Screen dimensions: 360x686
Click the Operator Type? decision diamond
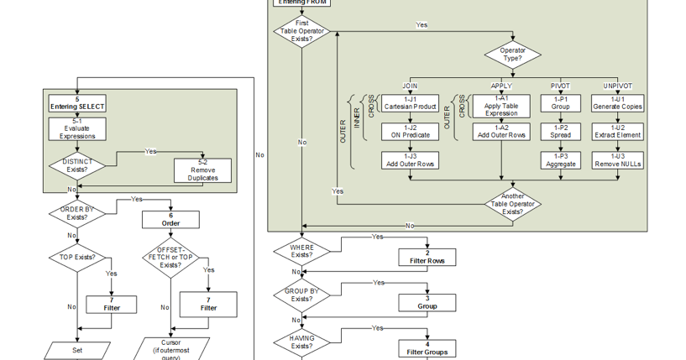(x=512, y=55)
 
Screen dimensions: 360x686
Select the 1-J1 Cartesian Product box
(x=410, y=103)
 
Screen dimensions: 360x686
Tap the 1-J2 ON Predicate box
(x=410, y=131)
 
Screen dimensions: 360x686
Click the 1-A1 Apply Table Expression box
(x=501, y=106)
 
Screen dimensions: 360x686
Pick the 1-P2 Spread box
(x=560, y=131)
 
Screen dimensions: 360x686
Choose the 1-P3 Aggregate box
(x=560, y=159)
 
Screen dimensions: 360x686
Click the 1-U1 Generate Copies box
(x=617, y=103)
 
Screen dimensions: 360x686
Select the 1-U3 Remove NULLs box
(x=617, y=159)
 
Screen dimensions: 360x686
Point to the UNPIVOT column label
(x=617, y=86)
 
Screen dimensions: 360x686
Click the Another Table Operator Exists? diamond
(x=512, y=204)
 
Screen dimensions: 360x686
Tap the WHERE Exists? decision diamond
(x=301, y=251)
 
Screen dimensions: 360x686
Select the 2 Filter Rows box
(x=427, y=257)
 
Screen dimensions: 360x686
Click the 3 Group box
(x=427, y=302)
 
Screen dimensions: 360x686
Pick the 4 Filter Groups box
(x=427, y=347)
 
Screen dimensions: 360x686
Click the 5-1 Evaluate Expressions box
(x=77, y=128)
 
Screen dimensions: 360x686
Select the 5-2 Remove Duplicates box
(x=202, y=170)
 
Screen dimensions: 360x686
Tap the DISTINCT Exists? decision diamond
(x=77, y=165)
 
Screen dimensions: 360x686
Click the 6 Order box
(x=170, y=219)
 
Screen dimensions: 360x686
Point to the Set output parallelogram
(x=77, y=350)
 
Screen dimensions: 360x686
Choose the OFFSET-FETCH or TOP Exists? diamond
(x=170, y=258)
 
